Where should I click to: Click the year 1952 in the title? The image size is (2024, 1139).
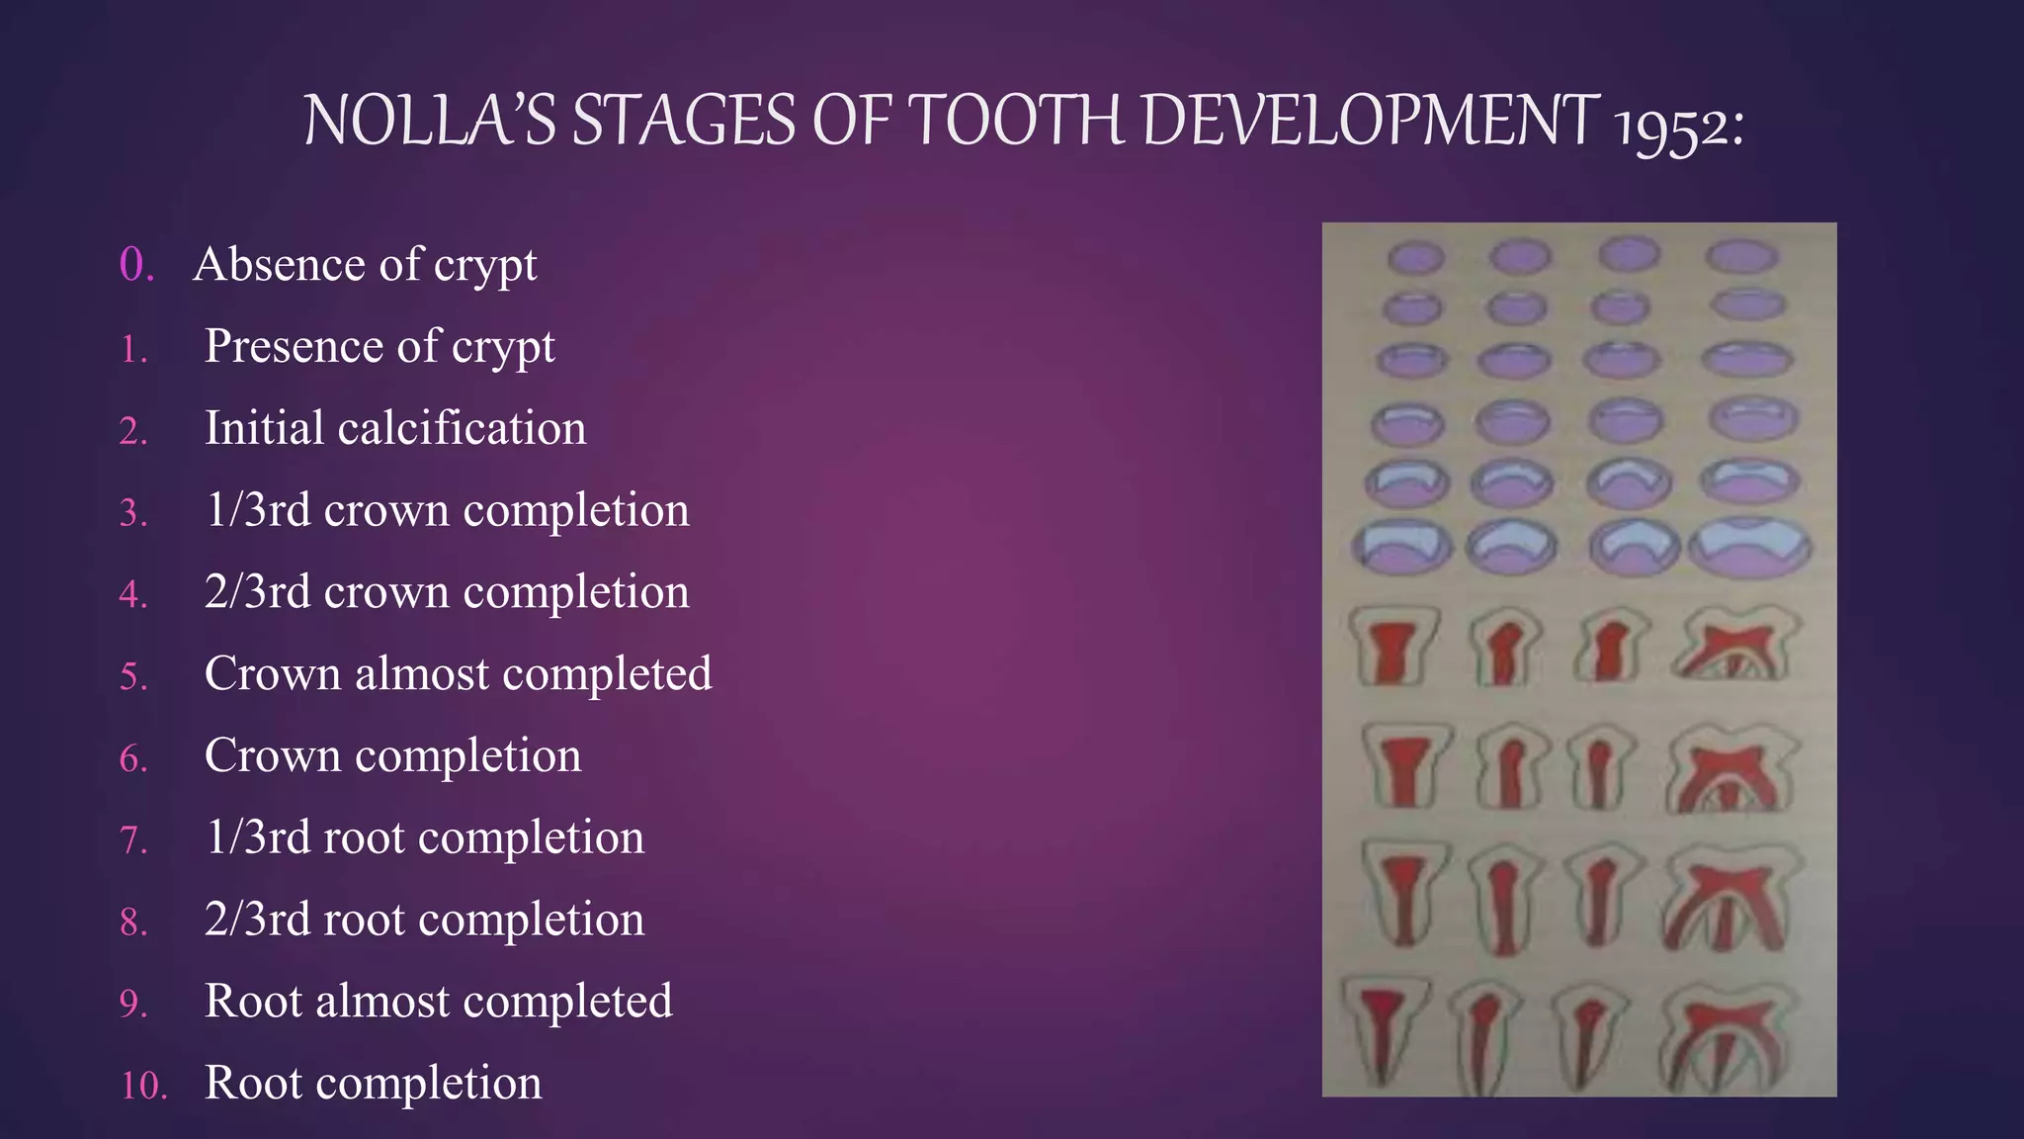click(1678, 126)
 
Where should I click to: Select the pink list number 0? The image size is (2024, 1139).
click(136, 265)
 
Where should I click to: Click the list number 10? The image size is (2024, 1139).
click(143, 1086)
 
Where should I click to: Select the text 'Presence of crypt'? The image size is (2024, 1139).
click(379, 346)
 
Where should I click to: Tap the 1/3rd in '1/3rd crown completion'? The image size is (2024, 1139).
click(257, 510)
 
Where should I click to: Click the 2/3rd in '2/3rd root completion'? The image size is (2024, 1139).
click(257, 920)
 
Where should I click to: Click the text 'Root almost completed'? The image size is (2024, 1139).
click(438, 1002)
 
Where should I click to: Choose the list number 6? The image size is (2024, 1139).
click(133, 759)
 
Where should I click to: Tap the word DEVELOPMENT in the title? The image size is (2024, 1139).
click(1369, 121)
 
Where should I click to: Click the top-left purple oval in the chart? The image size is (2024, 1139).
click(1415, 258)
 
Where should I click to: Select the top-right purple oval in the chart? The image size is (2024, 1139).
click(1741, 258)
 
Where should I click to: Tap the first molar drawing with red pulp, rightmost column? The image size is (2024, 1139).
click(1736, 645)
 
